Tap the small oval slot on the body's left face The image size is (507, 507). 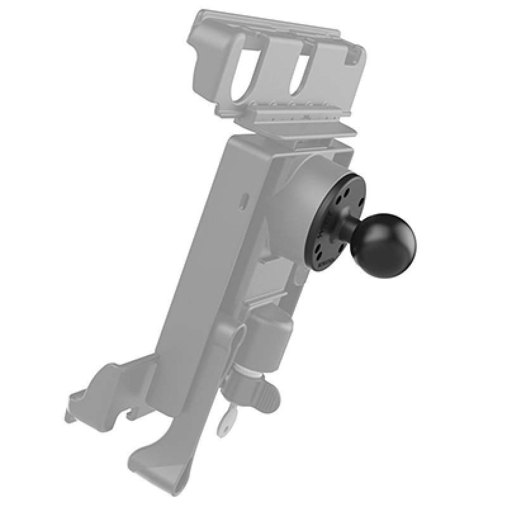[245, 200]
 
